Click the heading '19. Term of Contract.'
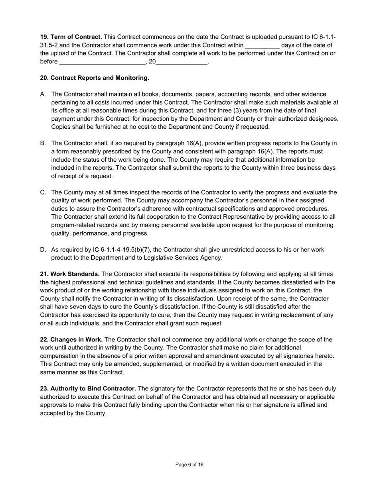(x=71, y=37)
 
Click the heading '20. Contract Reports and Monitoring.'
(x=95, y=78)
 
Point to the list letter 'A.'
(x=43, y=94)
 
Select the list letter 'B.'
(x=43, y=143)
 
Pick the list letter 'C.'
(x=43, y=192)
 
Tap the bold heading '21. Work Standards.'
(x=70, y=274)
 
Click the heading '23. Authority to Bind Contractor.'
(x=88, y=388)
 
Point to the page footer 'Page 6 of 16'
(x=189, y=465)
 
